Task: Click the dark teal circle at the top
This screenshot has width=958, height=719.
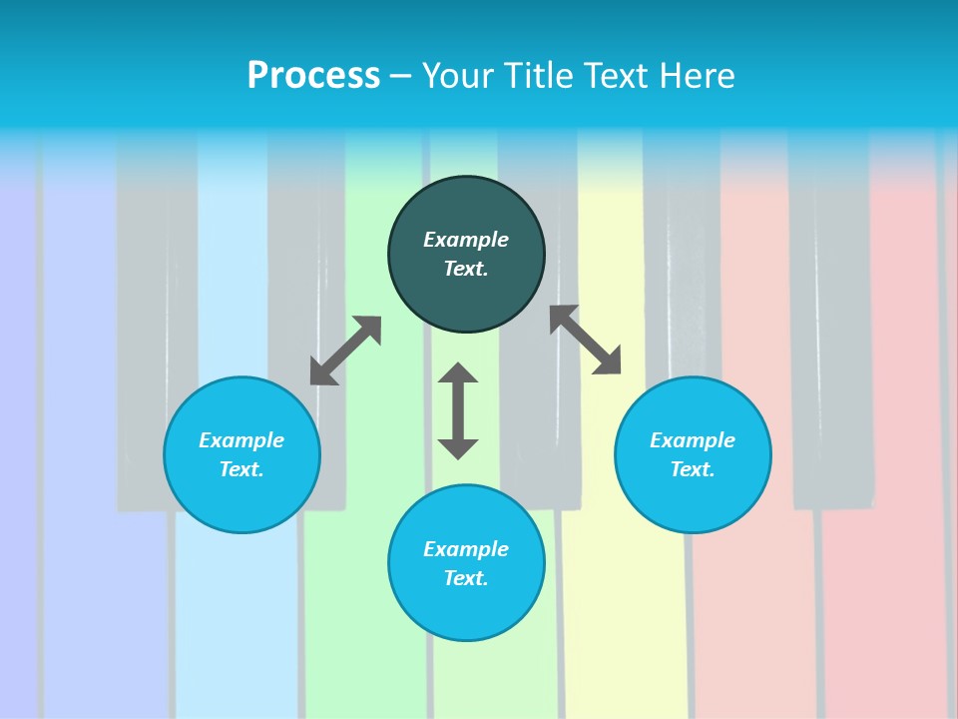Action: point(466,255)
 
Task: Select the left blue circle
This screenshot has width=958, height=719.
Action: point(241,454)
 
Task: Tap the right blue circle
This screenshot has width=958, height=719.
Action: point(693,454)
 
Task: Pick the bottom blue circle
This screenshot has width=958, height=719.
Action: point(466,563)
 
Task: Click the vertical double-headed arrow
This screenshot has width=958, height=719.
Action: point(458,411)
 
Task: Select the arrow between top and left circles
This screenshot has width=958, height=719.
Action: point(345,351)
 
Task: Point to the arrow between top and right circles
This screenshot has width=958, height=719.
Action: point(586,340)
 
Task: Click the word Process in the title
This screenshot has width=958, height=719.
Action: point(313,76)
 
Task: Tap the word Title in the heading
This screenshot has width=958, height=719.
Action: point(540,76)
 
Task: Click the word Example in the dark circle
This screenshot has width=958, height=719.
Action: point(466,240)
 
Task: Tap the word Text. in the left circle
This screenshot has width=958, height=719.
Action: point(241,469)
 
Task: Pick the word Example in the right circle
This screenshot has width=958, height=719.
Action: point(693,440)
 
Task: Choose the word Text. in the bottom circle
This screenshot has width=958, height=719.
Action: point(466,578)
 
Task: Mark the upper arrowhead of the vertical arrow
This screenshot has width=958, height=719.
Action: point(458,373)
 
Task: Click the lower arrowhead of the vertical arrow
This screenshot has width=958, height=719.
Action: point(458,448)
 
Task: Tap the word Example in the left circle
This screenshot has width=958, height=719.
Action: point(241,440)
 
